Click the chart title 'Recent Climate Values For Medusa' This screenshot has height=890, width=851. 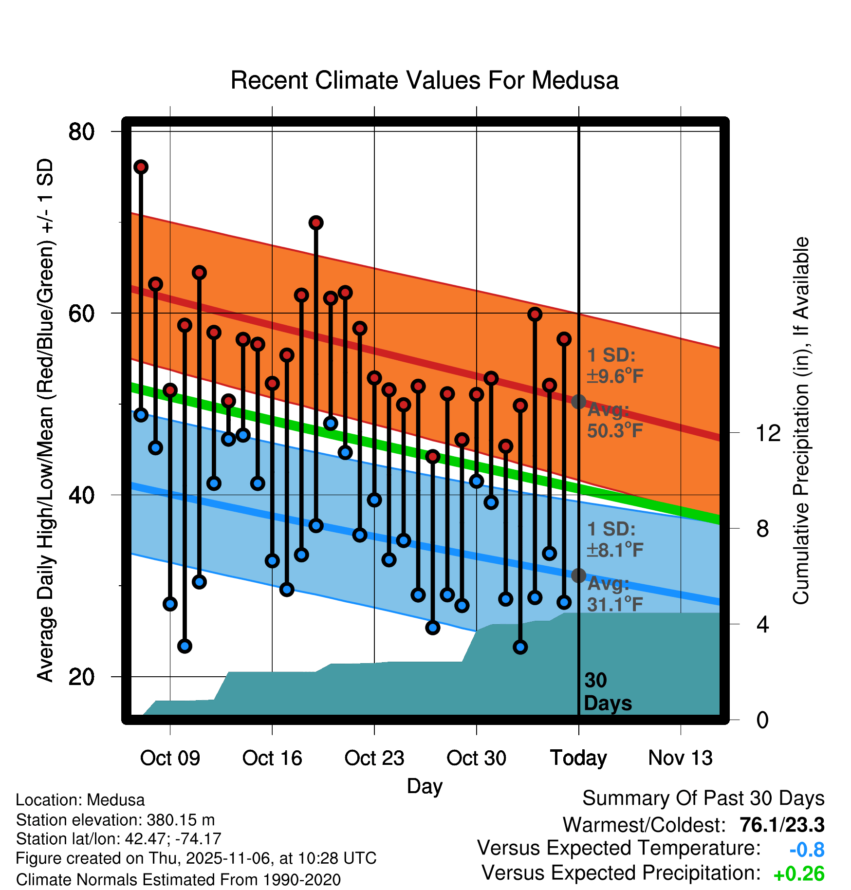pyautogui.click(x=424, y=80)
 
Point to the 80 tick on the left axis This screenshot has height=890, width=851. pyautogui.click(x=81, y=131)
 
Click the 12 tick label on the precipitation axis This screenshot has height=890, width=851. pyautogui.click(x=768, y=433)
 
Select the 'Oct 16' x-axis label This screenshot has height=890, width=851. pyautogui.click(x=272, y=758)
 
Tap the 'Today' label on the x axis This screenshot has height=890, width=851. pyautogui.click(x=578, y=758)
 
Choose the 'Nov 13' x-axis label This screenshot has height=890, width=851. pyautogui.click(x=680, y=758)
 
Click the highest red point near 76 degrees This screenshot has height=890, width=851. pyautogui.click(x=141, y=167)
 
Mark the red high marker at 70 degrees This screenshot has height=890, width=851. pyautogui.click(x=316, y=222)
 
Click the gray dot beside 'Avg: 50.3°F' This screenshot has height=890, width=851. pyautogui.click(x=578, y=402)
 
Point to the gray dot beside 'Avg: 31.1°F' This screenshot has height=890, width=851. pyautogui.click(x=578, y=575)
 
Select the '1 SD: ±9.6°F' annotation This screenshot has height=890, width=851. pyautogui.click(x=615, y=366)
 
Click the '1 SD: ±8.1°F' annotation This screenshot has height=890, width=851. pyautogui.click(x=615, y=539)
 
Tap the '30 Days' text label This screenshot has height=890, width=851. pyautogui.click(x=607, y=692)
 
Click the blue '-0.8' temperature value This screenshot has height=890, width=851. pyautogui.click(x=807, y=850)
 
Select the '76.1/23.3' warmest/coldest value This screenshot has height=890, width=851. pyautogui.click(x=781, y=825)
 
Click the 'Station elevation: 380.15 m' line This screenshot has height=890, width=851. pyautogui.click(x=115, y=820)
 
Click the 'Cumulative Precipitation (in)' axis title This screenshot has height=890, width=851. pyautogui.click(x=801, y=421)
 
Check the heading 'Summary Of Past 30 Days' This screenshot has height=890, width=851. pyautogui.click(x=703, y=798)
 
